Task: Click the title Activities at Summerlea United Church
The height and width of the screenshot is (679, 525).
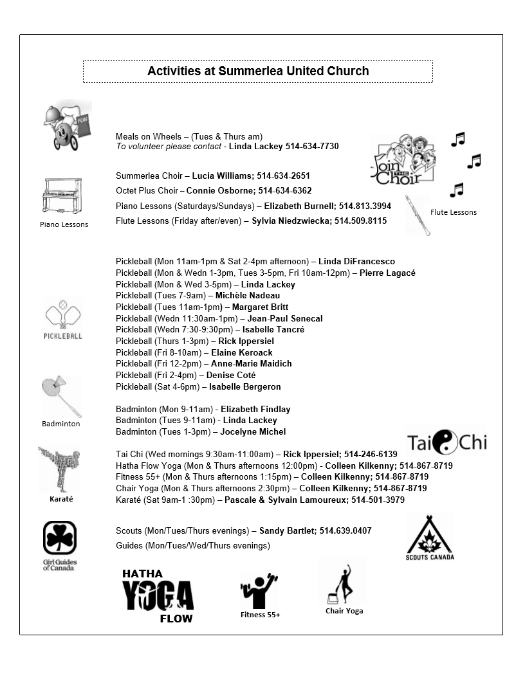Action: pyautogui.click(x=258, y=71)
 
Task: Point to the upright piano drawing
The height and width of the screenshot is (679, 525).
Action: pyautogui.click(x=62, y=196)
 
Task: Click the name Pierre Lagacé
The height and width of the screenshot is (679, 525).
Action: pyautogui.click(x=387, y=273)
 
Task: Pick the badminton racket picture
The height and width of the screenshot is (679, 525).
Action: pyautogui.click(x=62, y=396)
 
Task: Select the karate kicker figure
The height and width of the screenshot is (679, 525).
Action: pyautogui.click(x=59, y=469)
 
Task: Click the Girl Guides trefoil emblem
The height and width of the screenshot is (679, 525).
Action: pyautogui.click(x=60, y=537)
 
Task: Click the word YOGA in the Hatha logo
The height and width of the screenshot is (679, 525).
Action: pyautogui.click(x=158, y=595)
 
